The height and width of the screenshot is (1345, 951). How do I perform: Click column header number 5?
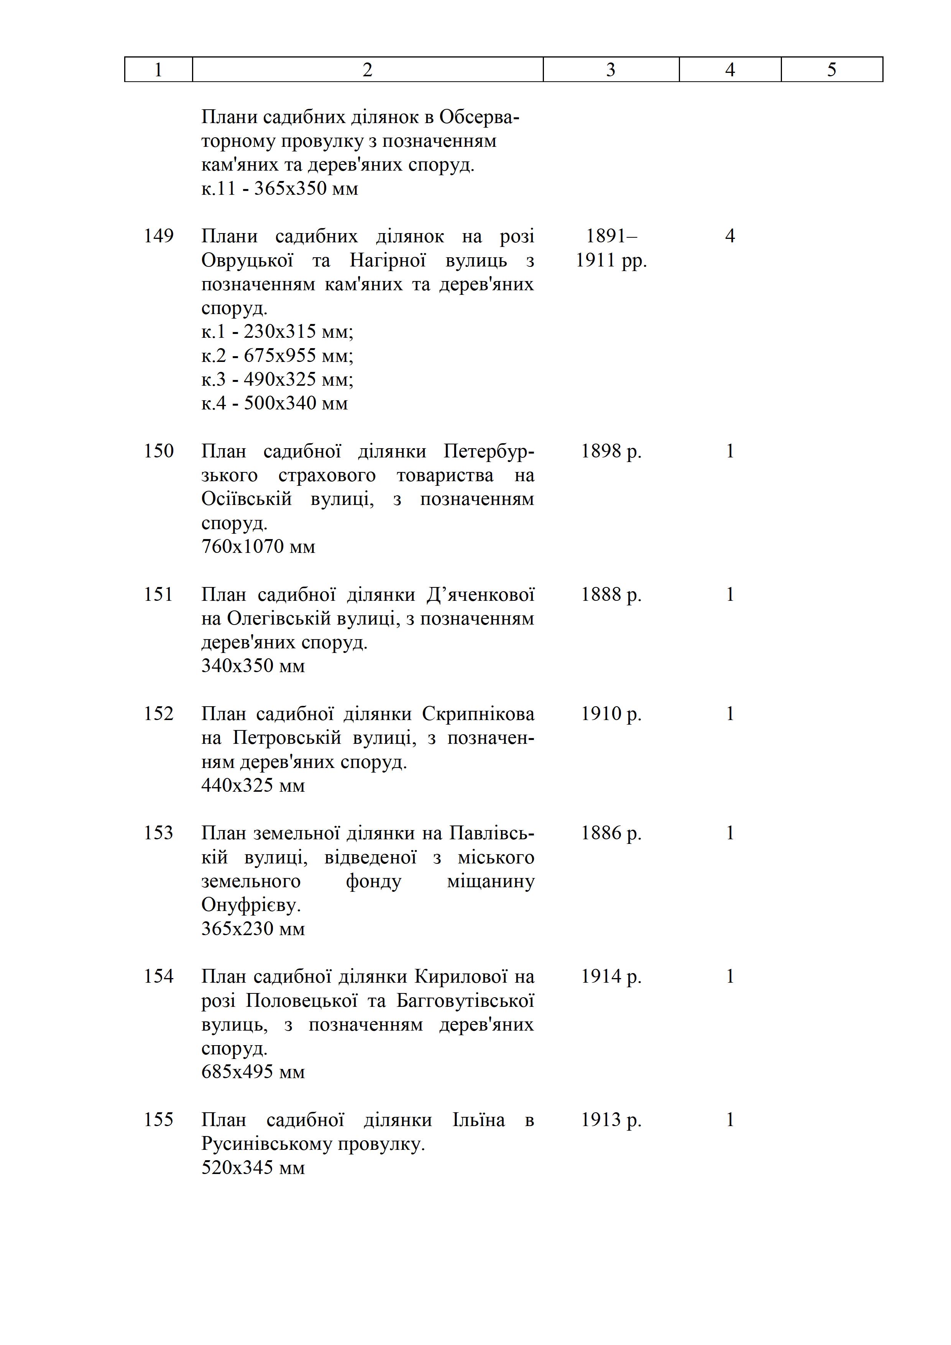tap(831, 70)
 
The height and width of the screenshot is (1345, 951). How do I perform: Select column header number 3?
tap(611, 70)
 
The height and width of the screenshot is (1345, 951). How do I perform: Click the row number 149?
tap(159, 236)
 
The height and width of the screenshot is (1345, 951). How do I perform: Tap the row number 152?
tap(159, 714)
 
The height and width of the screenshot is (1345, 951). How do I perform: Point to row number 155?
tap(159, 1120)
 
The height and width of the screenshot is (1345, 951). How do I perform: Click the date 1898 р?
tap(611, 451)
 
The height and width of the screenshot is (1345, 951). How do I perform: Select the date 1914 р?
tap(611, 977)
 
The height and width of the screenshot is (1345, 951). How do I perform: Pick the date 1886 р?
tap(611, 833)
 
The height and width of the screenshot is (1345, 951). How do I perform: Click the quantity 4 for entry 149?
tap(730, 236)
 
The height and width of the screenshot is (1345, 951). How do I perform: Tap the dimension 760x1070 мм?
tap(258, 547)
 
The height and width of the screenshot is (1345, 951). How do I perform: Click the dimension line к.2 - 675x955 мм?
tap(277, 355)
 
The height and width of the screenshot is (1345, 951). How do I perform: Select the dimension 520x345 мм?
tap(253, 1167)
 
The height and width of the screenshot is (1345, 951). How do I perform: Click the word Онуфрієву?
tap(251, 905)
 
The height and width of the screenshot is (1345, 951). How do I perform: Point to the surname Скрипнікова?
tap(478, 714)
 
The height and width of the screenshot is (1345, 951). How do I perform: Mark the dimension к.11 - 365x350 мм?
tap(279, 189)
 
